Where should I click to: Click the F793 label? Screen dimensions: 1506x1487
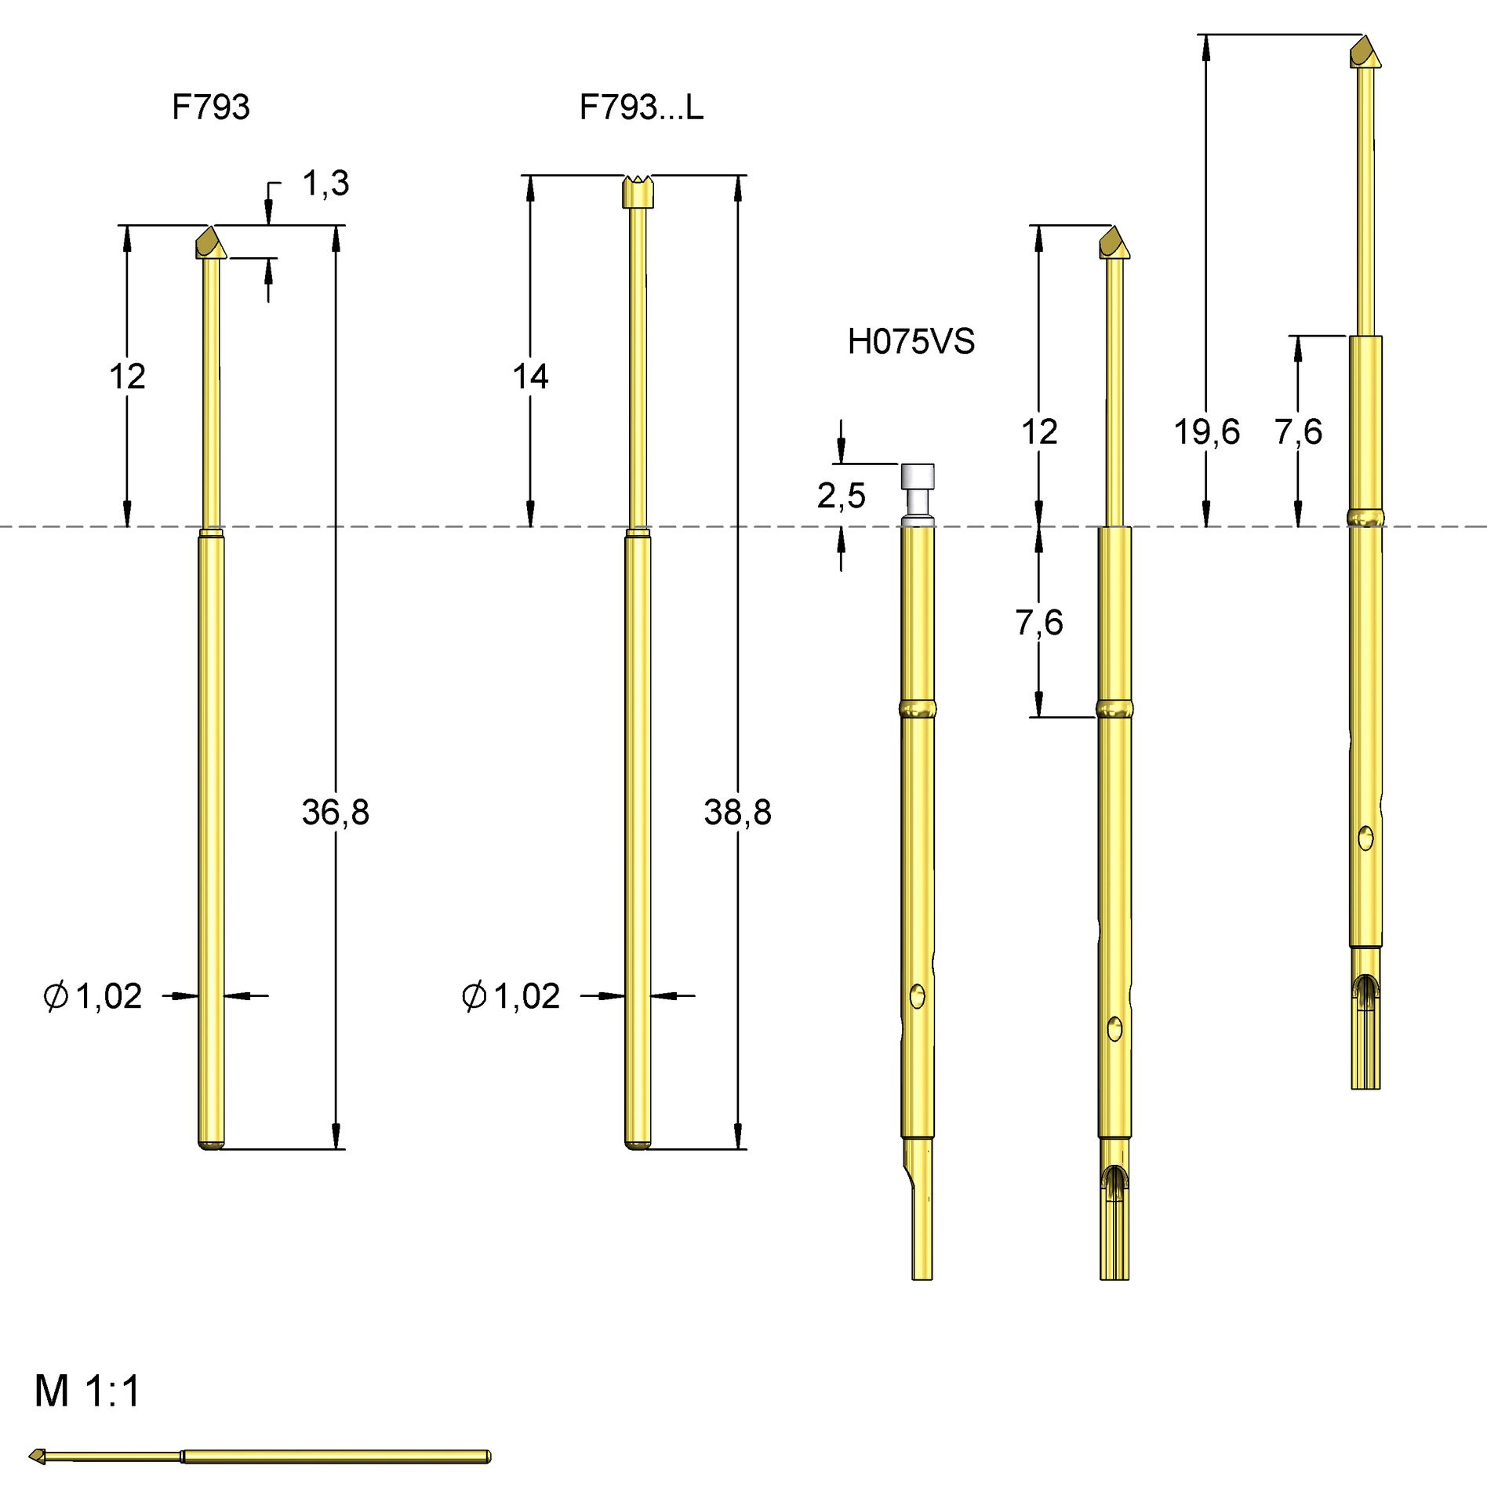tap(210, 107)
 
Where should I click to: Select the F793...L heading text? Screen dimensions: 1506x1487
tap(641, 107)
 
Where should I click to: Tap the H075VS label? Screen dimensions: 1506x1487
tap(911, 342)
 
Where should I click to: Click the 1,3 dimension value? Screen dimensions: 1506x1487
tap(325, 184)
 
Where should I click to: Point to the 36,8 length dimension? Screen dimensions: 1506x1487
tap(335, 813)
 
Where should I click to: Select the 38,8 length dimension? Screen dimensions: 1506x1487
tap(737, 813)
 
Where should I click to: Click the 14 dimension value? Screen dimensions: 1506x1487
tap(530, 376)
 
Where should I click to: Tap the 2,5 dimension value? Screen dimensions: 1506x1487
tap(841, 496)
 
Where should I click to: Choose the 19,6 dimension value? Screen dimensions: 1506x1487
tap(1206, 432)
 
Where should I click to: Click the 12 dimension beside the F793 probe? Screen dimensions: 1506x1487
tap(127, 376)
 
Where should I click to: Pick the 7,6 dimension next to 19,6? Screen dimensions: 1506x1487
tap(1298, 432)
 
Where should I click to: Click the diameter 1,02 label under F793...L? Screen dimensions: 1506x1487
tap(511, 996)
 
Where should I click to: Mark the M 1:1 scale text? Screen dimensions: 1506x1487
tap(87, 1391)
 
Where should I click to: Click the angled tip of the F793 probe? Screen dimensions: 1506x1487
tap(210, 242)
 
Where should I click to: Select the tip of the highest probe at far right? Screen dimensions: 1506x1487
tap(1365, 52)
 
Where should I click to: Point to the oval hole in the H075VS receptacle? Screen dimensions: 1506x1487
tap(917, 996)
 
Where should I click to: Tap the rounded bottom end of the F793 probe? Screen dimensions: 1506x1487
tap(210, 1144)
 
